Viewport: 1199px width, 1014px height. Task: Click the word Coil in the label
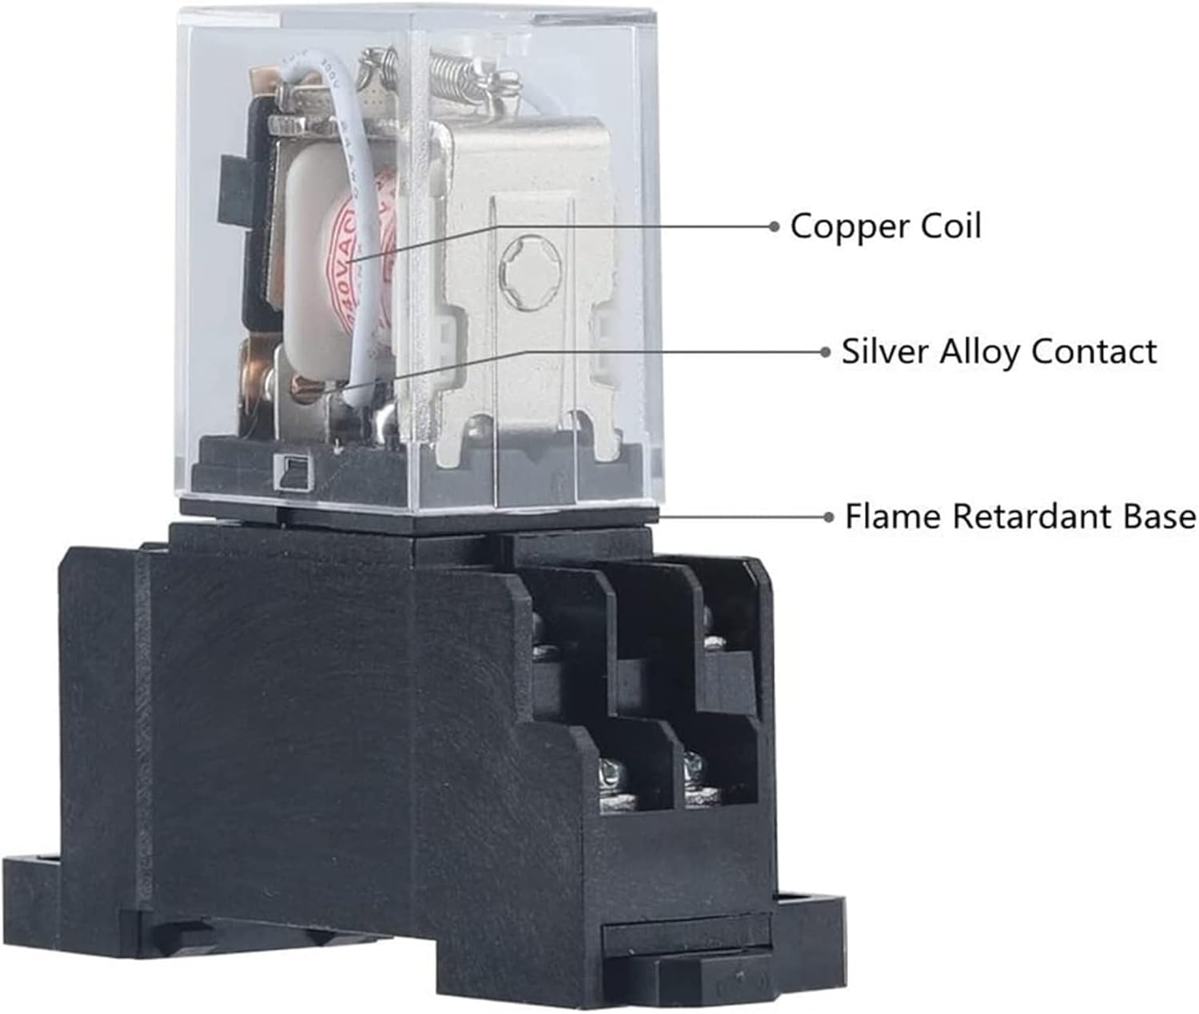[x=950, y=226]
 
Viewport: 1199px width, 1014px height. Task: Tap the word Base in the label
[x=1159, y=517]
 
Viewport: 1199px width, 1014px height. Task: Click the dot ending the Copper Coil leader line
[x=773, y=226]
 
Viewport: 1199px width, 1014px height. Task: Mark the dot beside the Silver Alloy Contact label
[x=826, y=352]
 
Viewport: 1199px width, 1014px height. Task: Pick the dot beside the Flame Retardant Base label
[x=829, y=517]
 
